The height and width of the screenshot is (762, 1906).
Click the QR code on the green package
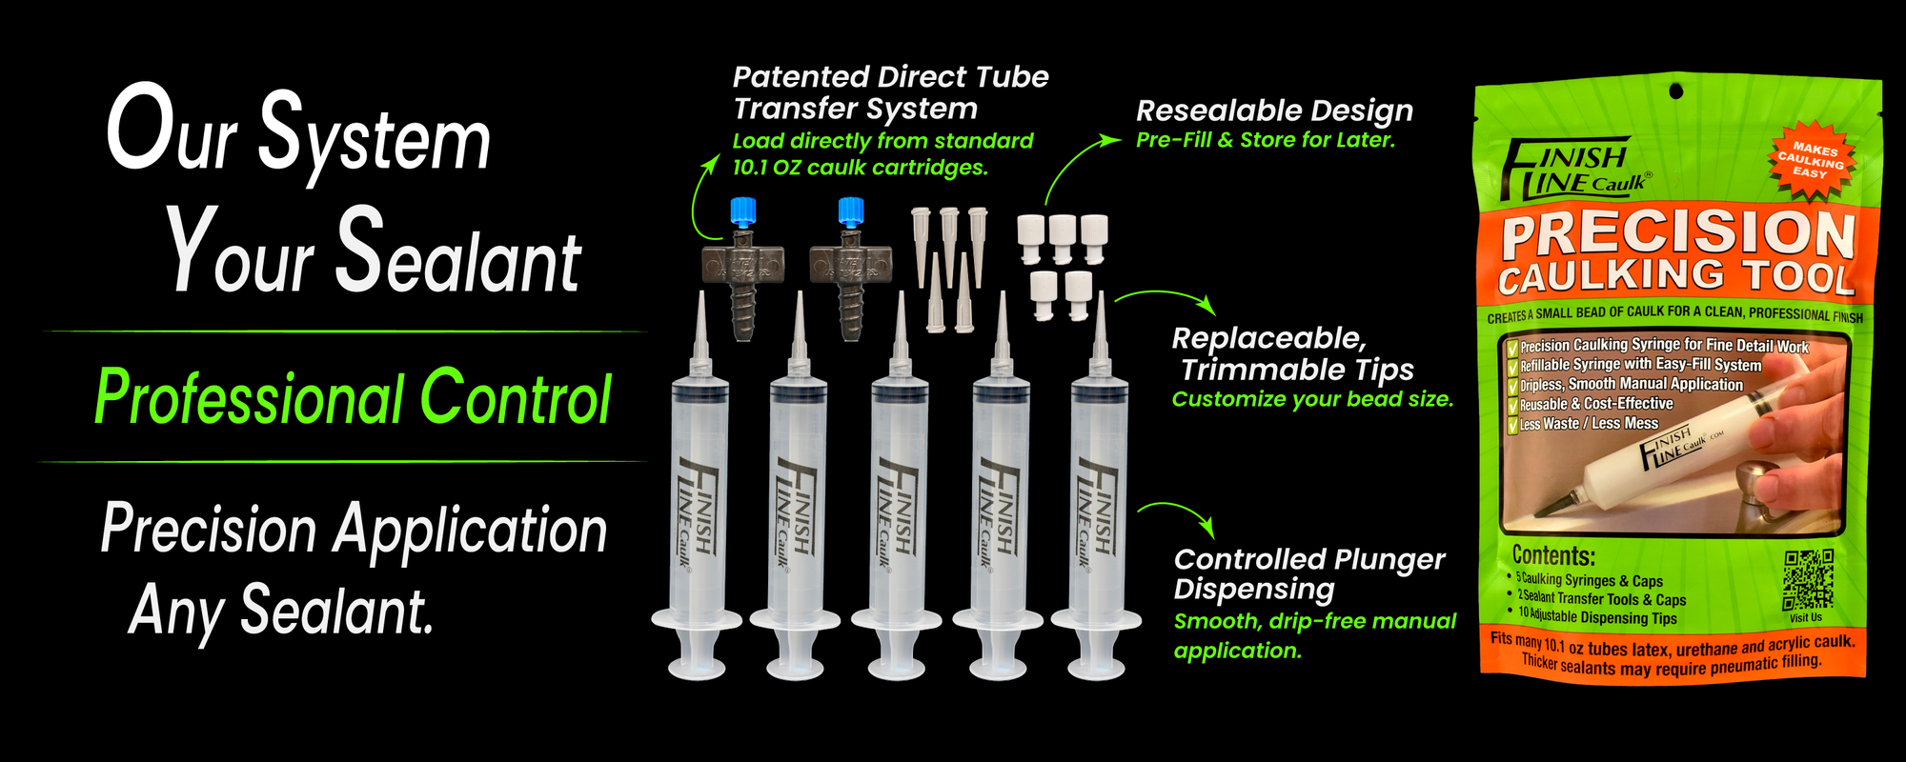[1808, 579]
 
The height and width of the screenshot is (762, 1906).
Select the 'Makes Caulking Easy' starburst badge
[1813, 160]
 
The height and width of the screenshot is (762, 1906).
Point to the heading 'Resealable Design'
[1274, 111]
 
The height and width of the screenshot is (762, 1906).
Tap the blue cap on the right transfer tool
[850, 212]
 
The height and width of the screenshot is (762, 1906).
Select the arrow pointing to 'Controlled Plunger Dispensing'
[1182, 512]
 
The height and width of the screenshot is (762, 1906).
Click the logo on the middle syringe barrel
[896, 514]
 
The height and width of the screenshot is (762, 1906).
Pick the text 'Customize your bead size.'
[1312, 399]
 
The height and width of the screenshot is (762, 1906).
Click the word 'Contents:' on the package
[1553, 555]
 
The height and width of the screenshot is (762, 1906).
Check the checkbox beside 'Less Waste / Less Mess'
[1511, 425]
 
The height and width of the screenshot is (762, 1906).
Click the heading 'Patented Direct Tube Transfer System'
[890, 92]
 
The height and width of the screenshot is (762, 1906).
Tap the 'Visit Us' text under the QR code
[1805, 617]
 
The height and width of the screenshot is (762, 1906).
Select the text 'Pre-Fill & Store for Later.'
[1266, 140]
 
